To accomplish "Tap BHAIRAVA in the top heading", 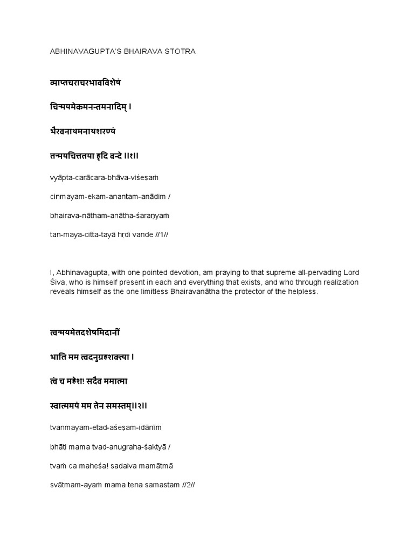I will (x=140, y=52).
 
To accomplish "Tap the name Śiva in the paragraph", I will (x=58, y=282).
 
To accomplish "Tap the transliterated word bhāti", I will (x=56, y=446).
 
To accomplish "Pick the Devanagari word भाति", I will (x=57, y=356).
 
